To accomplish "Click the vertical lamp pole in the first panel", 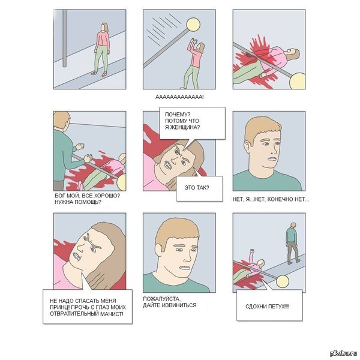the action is coord(65,38).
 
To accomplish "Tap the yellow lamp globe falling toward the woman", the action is coord(193,25).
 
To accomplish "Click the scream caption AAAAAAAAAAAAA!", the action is coord(179,97).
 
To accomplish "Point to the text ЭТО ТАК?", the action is coord(197,188).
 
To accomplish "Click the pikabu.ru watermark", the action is coord(343,353).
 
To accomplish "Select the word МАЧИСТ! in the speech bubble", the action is coord(112,314).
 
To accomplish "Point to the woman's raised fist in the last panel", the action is coord(253,250).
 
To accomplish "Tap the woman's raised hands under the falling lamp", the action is coord(193,41).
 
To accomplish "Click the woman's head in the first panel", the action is coord(104,28).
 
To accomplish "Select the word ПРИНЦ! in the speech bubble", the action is coord(58,307).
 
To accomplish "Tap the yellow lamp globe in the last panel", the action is coord(283,282).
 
